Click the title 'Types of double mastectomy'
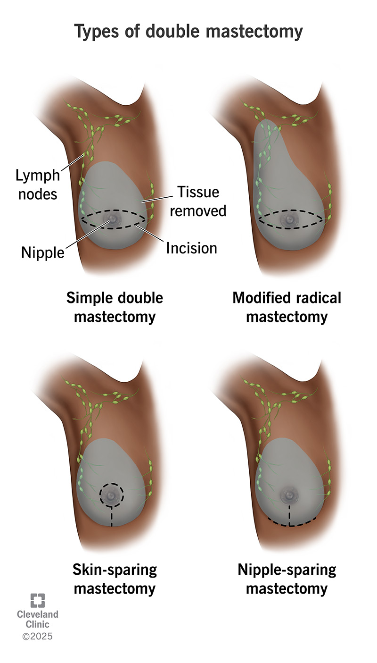[188, 32]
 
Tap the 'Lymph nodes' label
[38, 184]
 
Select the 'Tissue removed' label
[197, 201]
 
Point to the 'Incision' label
[191, 247]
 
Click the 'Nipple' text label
[42, 253]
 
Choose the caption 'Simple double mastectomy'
[115, 307]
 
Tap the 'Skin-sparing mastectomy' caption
[115, 579]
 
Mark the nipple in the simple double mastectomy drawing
[113, 219]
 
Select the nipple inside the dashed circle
[112, 495]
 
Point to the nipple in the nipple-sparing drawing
[287, 495]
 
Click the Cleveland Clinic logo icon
[38, 600]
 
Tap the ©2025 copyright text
[38, 636]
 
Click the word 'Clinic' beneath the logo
[38, 625]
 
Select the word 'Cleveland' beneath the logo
[38, 614]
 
